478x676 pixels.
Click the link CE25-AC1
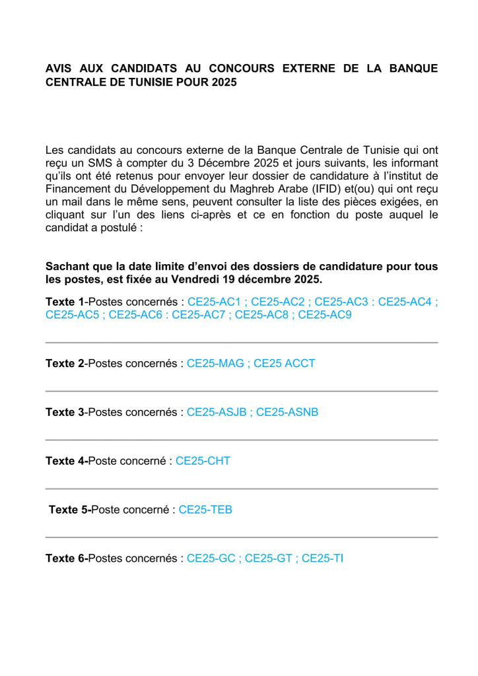point(213,302)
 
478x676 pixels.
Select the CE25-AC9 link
point(324,315)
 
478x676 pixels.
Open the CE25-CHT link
point(203,461)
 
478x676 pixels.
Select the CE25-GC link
point(212,558)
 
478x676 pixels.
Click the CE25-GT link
point(269,558)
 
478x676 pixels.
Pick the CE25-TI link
point(322,558)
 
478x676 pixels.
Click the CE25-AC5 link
point(71,315)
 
